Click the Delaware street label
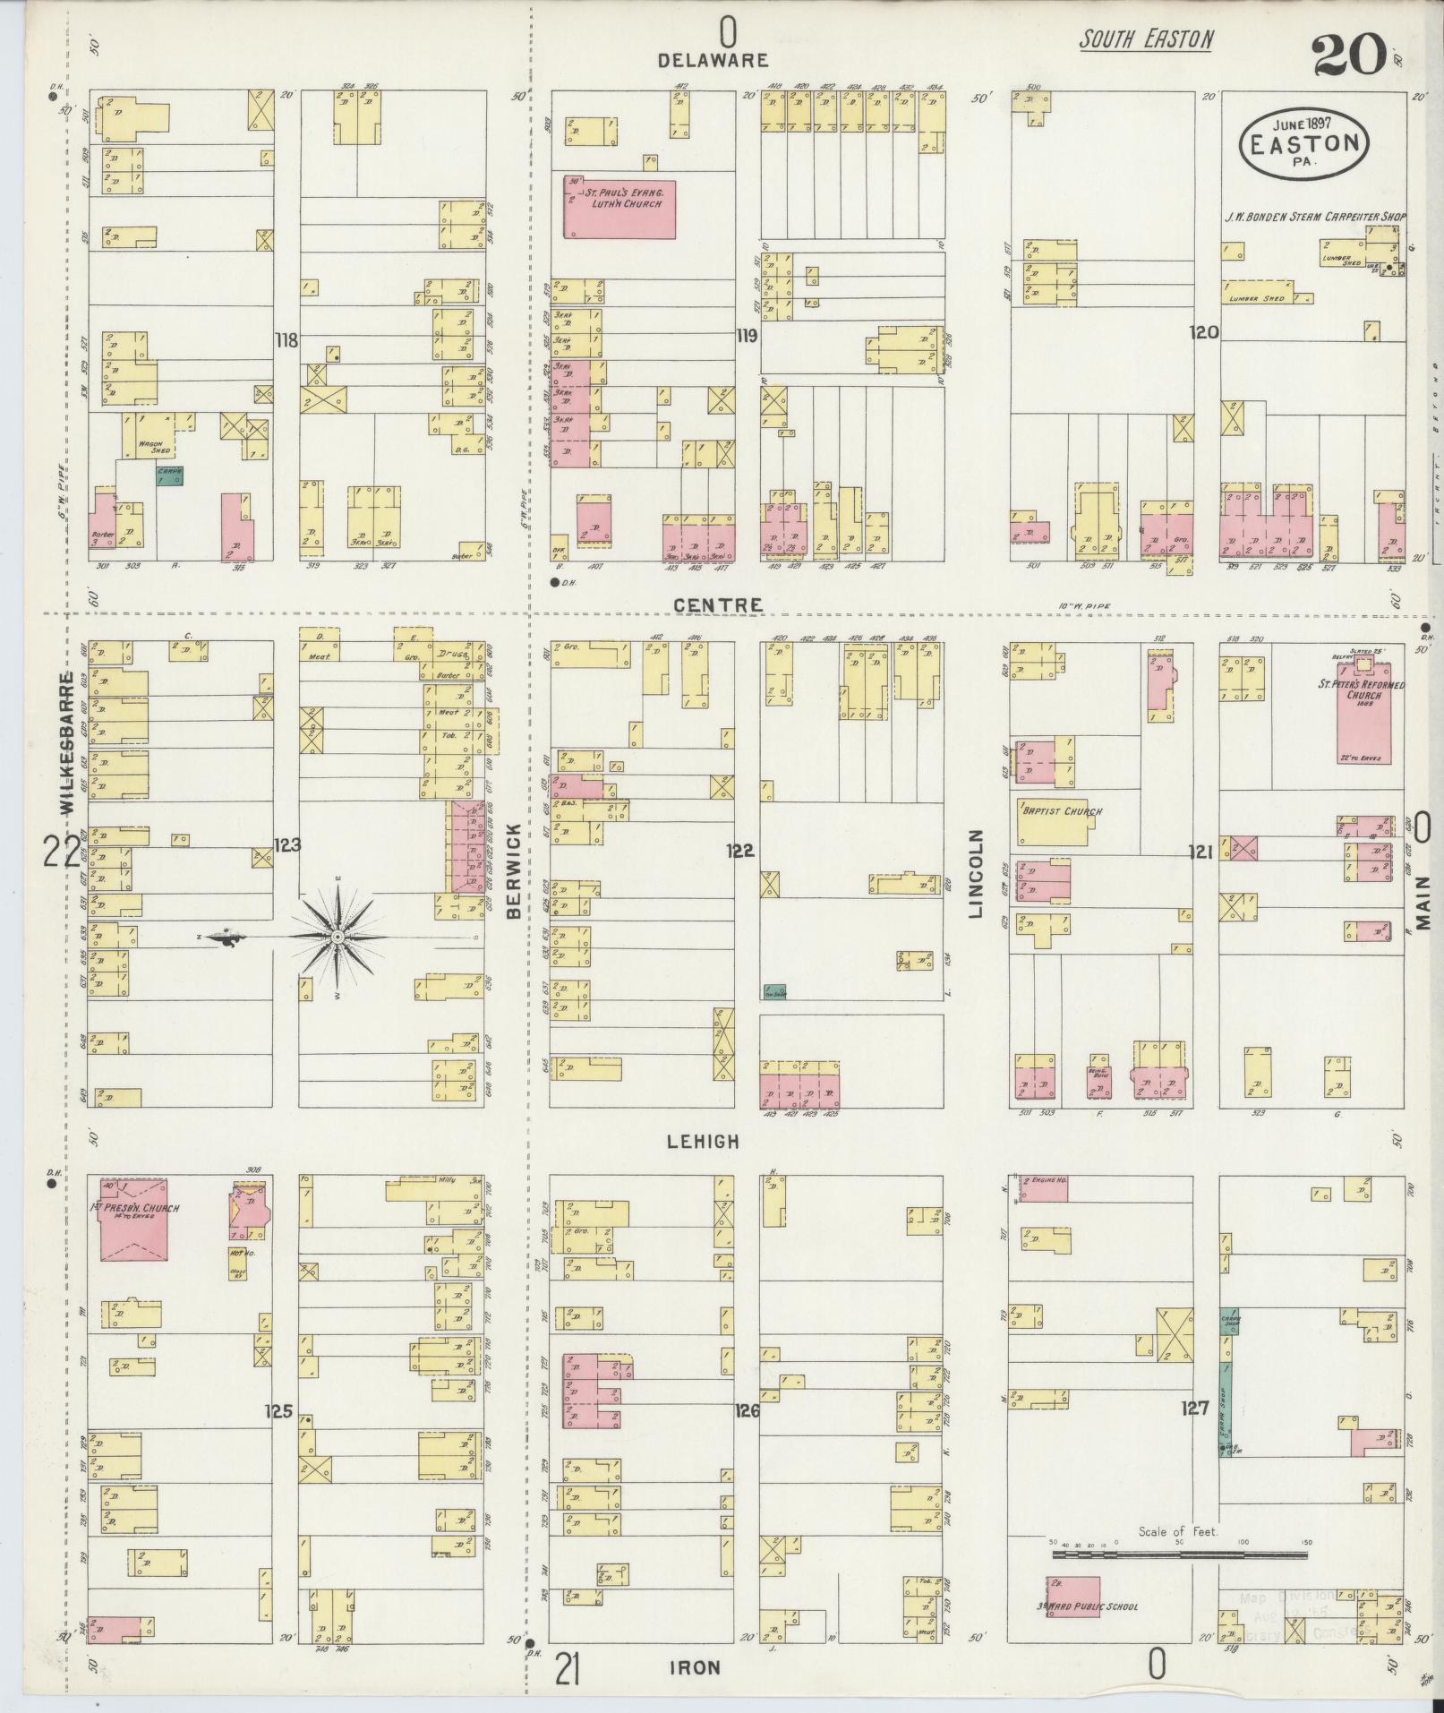tap(713, 61)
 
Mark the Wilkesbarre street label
tap(67, 742)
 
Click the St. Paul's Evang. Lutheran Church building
tap(619, 208)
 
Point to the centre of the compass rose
tap(338, 937)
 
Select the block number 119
tap(746, 337)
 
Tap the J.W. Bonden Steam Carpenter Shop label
tap(1315, 217)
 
